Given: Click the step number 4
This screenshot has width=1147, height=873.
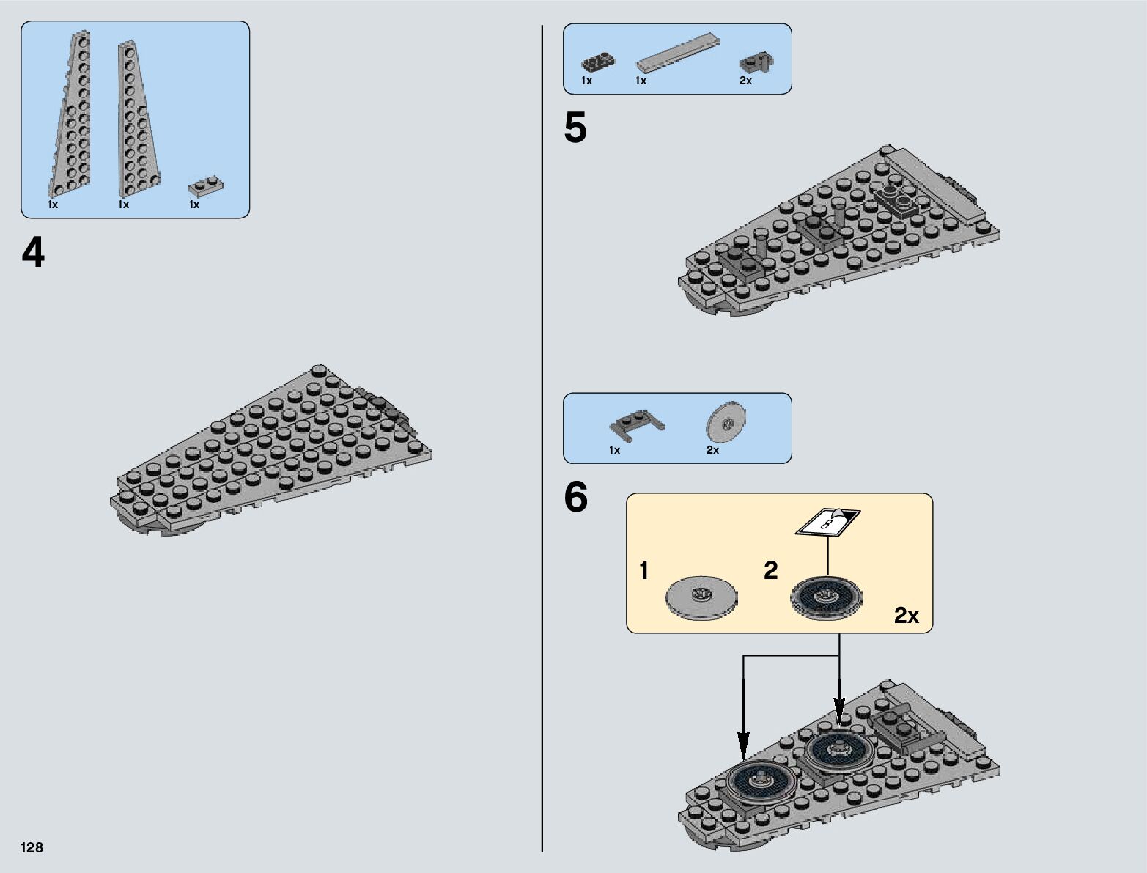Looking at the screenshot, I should click(x=33, y=254).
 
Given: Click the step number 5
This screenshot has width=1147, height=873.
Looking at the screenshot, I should click(x=575, y=129).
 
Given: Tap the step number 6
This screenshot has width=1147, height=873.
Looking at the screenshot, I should click(x=575, y=498).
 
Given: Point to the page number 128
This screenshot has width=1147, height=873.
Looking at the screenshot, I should click(x=32, y=848).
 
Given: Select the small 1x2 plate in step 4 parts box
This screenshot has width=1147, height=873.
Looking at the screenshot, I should click(x=205, y=185).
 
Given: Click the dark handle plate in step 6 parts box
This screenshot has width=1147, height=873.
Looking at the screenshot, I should click(x=635, y=422).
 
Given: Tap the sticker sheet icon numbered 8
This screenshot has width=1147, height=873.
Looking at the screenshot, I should click(x=828, y=521).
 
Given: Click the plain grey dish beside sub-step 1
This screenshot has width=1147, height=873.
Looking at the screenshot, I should click(x=701, y=599).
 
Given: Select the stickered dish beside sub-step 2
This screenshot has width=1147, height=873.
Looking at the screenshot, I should click(x=827, y=598).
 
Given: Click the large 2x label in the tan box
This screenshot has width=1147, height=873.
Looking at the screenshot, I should click(x=906, y=616).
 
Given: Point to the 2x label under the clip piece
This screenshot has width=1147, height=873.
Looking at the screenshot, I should click(x=745, y=81).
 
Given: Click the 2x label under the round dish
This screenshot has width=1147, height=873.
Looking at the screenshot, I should click(x=712, y=450).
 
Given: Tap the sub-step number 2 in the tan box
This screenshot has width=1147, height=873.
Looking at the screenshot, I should click(x=770, y=570).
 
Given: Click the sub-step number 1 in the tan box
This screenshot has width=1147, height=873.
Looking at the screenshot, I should click(x=643, y=570).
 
